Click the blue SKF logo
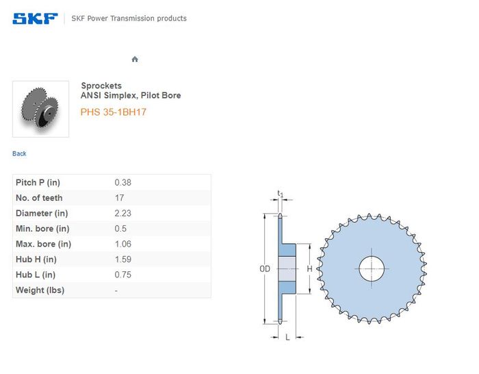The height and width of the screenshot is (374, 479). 35,18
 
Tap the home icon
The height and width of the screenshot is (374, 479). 135,59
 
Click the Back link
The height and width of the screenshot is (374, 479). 19,153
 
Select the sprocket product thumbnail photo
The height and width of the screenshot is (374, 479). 40,109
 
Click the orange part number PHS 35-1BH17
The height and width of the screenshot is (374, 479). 114,112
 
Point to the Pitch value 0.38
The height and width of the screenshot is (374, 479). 122,183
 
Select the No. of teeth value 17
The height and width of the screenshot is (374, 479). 120,198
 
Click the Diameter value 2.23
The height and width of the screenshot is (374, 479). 122,213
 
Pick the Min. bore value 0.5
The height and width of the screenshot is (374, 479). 120,228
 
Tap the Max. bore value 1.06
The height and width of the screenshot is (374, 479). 122,244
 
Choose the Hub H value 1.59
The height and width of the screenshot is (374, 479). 122,259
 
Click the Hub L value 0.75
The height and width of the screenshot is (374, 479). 122,274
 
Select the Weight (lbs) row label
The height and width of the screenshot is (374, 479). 40,290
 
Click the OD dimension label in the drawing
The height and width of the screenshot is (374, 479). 265,269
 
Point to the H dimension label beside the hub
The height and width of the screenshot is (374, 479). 309,269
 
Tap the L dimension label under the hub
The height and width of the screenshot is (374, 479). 287,337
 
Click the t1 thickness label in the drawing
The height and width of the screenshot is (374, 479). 280,194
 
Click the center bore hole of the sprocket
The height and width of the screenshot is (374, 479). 372,269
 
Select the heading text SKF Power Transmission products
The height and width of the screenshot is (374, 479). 129,18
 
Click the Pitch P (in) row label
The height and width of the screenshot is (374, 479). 38,183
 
